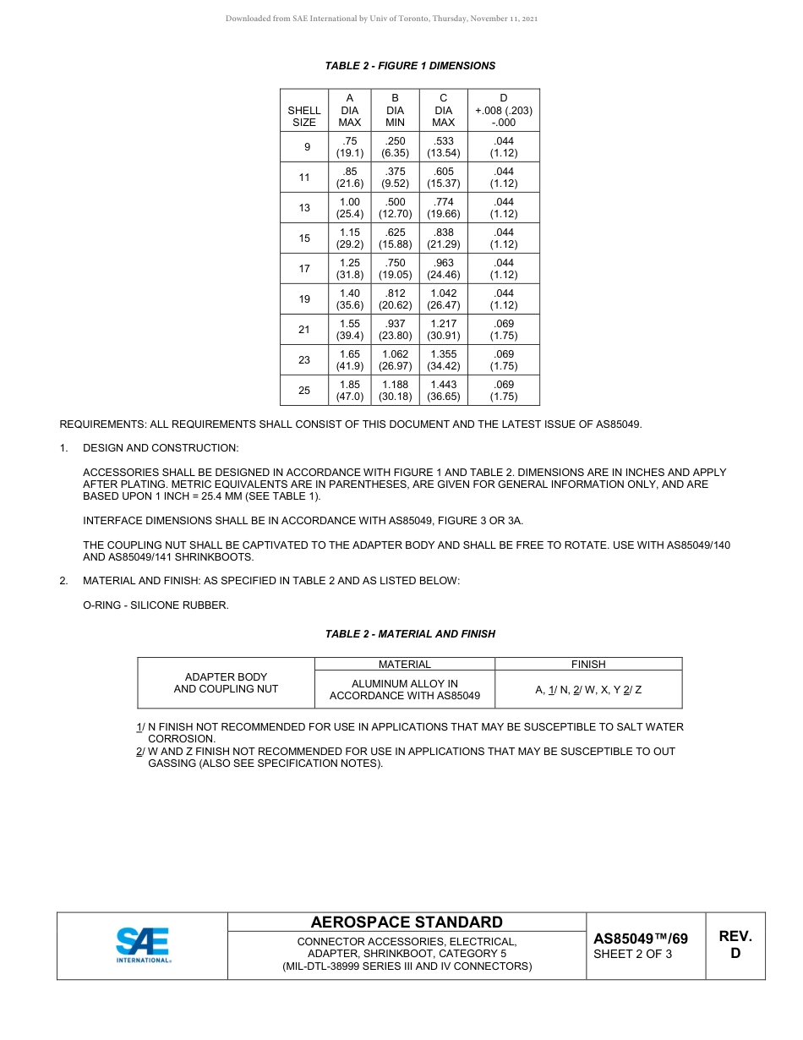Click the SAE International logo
143,945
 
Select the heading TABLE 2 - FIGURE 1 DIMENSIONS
410,66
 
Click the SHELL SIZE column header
304,116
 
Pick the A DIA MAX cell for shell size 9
350,147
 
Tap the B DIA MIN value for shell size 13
395,208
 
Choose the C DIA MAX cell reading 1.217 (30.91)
444,330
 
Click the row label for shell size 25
304,391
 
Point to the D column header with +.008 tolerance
504,110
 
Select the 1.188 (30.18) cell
395,391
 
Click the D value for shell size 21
504,330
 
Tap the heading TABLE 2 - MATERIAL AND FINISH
410,634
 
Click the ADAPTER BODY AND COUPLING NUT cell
226,683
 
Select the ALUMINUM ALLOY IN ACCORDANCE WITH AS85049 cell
405,690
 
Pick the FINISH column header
588,665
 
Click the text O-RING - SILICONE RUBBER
156,605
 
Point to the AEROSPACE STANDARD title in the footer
407,922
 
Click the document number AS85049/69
640,939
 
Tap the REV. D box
735,945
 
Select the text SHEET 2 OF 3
633,955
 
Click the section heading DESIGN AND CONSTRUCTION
161,448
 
